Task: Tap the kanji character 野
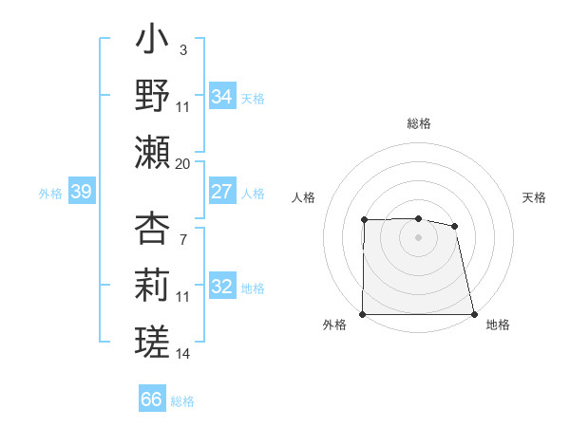point(153,96)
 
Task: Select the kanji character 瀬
point(153,152)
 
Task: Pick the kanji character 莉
point(153,285)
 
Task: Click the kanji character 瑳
point(153,340)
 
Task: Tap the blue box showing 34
point(221,96)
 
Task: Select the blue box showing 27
point(221,191)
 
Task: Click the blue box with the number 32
point(221,287)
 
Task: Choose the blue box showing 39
point(81,193)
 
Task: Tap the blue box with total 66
point(151,400)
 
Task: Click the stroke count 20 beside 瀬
point(183,164)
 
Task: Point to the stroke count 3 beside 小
point(182,48)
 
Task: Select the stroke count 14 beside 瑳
point(183,354)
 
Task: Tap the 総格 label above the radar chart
point(419,123)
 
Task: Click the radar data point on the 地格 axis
point(474,314)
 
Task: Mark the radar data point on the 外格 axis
point(363,314)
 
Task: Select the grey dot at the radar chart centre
point(419,237)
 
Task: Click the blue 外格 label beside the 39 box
point(50,194)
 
